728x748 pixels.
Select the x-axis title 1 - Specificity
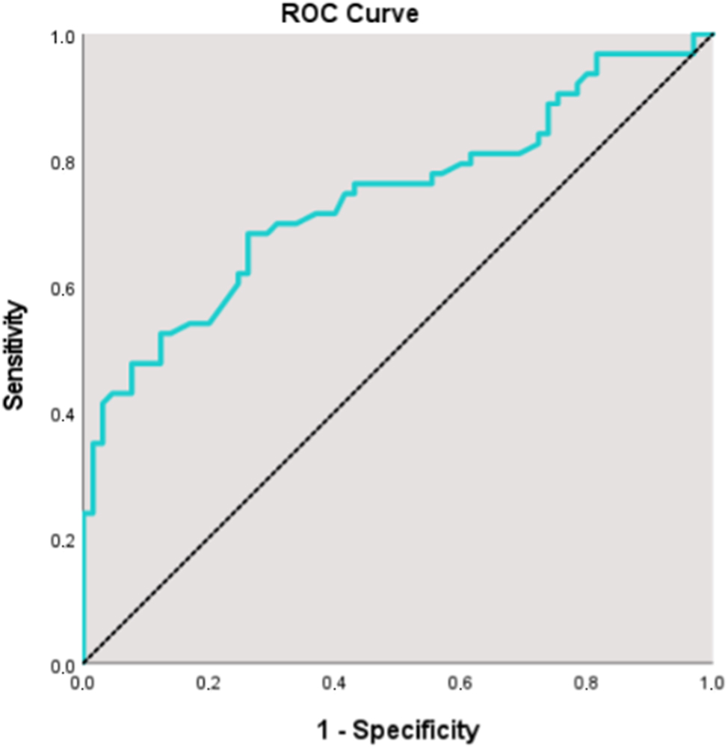[x=395, y=729]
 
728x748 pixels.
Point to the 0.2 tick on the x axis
[x=209, y=683]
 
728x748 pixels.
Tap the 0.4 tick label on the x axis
[x=335, y=683]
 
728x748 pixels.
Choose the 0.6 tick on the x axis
[x=461, y=683]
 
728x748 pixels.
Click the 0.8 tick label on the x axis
[x=587, y=683]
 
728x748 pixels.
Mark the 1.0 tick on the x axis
[x=712, y=683]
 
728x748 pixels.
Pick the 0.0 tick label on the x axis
[x=83, y=683]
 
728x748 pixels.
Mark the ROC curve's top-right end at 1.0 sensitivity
[x=711, y=34]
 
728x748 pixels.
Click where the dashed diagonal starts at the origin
[x=84, y=663]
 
